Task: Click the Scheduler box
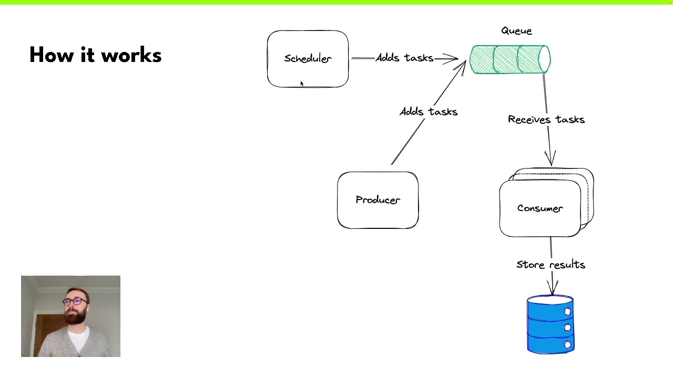pos(308,59)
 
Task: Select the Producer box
pos(378,200)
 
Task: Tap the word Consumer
pos(540,208)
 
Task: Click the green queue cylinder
pos(510,59)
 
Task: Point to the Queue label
pos(516,31)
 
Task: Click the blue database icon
pos(550,324)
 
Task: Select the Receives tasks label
pos(546,120)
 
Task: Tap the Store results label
pos(550,265)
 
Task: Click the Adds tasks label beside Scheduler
pos(404,58)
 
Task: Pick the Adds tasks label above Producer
pos(429,112)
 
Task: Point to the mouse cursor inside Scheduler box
pos(302,84)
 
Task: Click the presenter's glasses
pos(75,301)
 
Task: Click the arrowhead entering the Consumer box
pos(550,160)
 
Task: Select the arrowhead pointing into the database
pos(552,288)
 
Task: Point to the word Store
pos(530,265)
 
